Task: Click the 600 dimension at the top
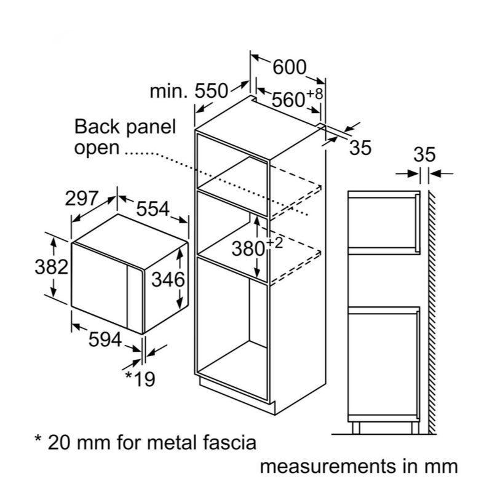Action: (289, 67)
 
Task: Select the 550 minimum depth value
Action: (211, 92)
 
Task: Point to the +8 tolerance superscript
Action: (314, 93)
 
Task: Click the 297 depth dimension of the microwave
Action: (82, 199)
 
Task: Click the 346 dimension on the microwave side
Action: (168, 279)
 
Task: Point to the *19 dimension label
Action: (140, 379)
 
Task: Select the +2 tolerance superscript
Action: (274, 242)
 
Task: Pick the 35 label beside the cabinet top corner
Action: (360, 148)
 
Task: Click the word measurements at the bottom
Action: (329, 467)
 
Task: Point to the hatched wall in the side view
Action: (432, 307)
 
